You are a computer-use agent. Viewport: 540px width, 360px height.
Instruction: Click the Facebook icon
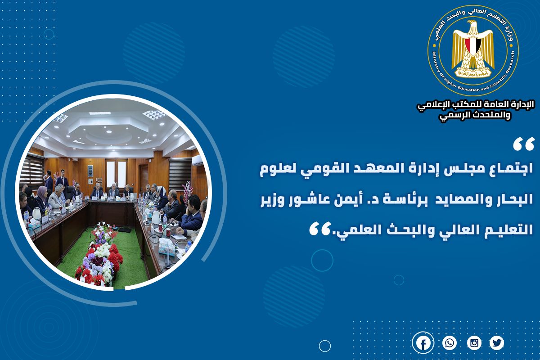(x=423, y=343)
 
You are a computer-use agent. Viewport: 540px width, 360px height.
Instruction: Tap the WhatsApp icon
(x=450, y=343)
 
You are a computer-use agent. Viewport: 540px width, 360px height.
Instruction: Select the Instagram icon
(x=474, y=343)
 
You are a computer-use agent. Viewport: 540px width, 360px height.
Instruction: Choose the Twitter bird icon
(x=497, y=343)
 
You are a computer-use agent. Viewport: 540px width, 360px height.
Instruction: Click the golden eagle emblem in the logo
(x=473, y=49)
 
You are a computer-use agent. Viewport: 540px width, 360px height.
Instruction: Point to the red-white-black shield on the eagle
(x=473, y=46)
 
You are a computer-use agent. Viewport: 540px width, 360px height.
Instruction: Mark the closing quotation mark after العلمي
(x=319, y=229)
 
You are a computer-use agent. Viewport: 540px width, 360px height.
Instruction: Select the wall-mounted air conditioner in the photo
(x=197, y=160)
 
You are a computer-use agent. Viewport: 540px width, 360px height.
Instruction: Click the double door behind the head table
(x=116, y=174)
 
